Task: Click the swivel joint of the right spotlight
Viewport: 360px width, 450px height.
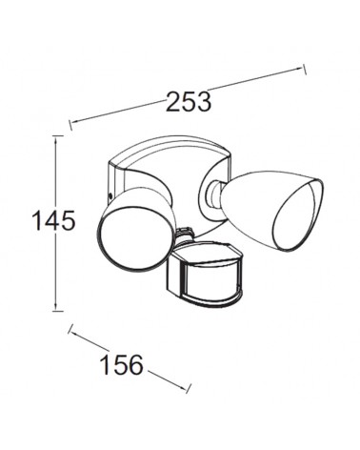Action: click(210, 196)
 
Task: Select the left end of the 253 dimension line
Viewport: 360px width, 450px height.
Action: click(70, 121)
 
